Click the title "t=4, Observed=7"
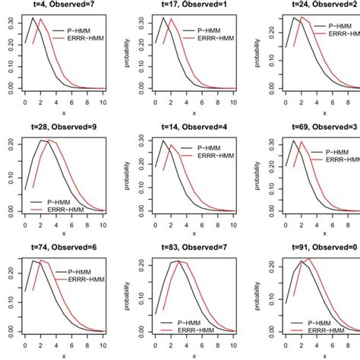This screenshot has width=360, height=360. (x=65, y=5)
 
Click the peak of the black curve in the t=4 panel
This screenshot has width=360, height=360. (x=33, y=18)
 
